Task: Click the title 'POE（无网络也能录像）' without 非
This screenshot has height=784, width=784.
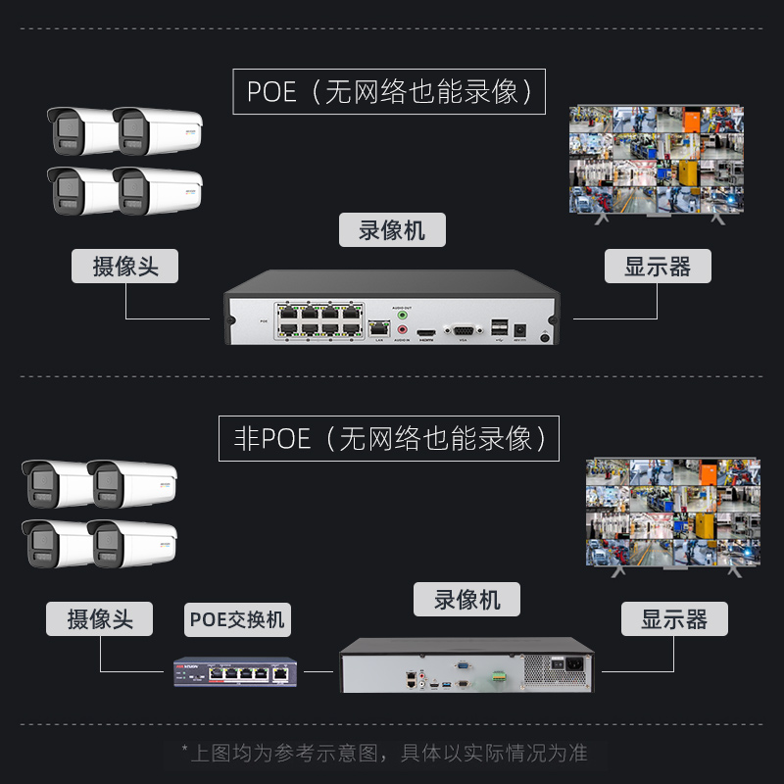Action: [389, 92]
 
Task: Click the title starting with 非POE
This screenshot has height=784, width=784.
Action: [388, 438]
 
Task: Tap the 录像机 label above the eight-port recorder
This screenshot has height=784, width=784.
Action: [392, 230]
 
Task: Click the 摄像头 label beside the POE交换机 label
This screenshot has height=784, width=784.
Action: [100, 619]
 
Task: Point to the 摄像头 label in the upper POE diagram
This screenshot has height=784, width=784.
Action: [125, 266]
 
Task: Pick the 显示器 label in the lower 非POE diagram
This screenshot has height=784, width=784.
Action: [674, 619]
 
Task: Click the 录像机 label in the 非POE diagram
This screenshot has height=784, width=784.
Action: [466, 599]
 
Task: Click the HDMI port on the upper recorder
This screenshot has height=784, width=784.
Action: [426, 333]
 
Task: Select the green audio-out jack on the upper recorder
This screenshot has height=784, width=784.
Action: [401, 316]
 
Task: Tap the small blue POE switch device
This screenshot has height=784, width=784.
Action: [235, 672]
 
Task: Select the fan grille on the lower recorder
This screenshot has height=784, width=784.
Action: [539, 670]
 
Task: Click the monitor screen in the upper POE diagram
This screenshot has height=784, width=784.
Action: [657, 159]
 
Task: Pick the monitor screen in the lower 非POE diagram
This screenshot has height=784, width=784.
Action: [672, 511]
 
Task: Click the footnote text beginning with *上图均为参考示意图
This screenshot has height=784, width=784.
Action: [384, 753]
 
